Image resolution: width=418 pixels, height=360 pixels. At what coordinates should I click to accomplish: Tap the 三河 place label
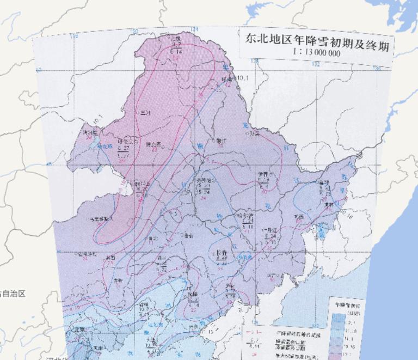tap(144, 113)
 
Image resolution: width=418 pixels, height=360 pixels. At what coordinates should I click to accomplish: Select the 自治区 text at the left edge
tap(13, 294)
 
